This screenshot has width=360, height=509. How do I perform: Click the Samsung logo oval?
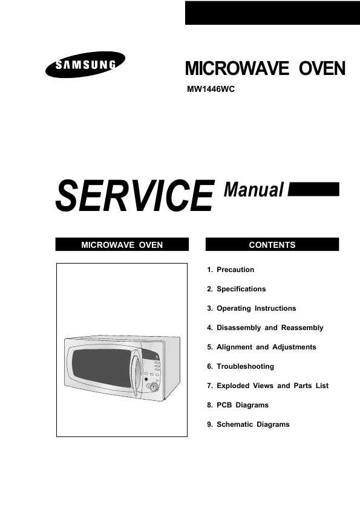85,64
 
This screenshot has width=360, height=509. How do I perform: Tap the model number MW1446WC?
211,89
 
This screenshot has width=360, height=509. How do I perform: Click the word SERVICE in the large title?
135,196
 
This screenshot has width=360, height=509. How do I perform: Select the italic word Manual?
254,190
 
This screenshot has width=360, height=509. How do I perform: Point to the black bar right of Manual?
313,189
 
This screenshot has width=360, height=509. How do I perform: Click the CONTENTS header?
272,244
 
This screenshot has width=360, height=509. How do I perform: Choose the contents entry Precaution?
235,270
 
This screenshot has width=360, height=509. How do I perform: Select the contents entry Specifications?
241,289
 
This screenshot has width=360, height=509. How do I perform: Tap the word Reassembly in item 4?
302,328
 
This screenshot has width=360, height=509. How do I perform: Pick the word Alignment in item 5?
234,348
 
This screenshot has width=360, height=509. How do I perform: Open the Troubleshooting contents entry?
245,366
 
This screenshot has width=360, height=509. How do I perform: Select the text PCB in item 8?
224,405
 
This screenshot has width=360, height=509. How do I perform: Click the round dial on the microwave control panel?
153,386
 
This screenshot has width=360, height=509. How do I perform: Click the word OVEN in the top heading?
322,68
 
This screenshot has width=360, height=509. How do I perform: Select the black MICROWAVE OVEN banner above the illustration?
122,244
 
